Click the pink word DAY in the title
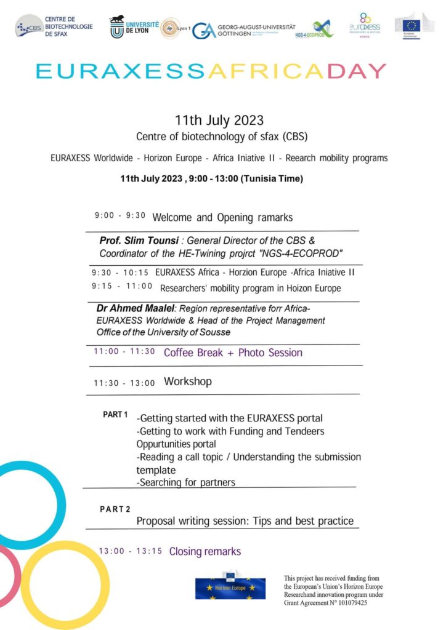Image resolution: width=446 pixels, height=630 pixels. click(357, 71)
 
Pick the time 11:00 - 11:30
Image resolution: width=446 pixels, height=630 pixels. click(124, 352)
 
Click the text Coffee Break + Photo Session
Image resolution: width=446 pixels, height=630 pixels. click(233, 353)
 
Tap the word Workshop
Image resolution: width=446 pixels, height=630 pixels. click(187, 381)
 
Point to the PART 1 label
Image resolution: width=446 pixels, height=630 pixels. click(115, 415)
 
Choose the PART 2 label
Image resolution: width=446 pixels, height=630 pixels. click(115, 509)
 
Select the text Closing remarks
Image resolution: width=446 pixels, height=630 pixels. click(205, 551)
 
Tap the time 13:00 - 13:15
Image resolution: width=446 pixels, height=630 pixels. click(130, 551)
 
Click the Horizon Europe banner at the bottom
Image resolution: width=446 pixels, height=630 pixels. click(230, 588)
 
